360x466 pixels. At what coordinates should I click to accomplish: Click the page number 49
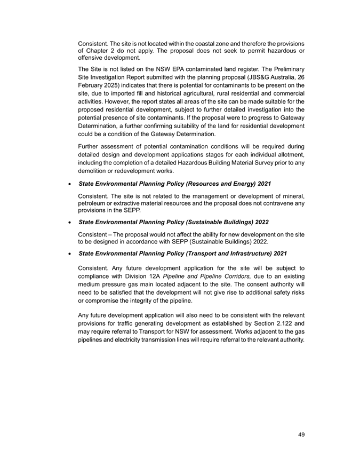301,435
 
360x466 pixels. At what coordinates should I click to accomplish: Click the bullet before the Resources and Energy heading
71,184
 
